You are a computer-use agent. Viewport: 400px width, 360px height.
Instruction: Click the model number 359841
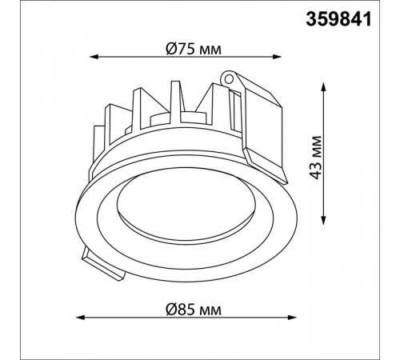pos(338,20)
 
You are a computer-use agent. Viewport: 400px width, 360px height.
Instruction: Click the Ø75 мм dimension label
pos(194,49)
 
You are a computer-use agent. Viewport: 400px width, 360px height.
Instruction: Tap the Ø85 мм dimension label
pos(194,310)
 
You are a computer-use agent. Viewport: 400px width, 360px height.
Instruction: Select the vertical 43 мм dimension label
pos(316,158)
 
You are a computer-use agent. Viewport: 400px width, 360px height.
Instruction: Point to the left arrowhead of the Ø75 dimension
pos(93,57)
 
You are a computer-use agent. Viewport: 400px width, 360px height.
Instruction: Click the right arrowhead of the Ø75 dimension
pos(278,57)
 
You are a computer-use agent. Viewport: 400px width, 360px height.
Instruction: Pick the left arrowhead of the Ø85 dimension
pos(80,318)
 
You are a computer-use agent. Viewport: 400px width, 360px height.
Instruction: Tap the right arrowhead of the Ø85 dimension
pos(293,318)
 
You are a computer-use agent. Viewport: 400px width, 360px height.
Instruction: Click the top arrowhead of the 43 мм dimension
pos(324,86)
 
